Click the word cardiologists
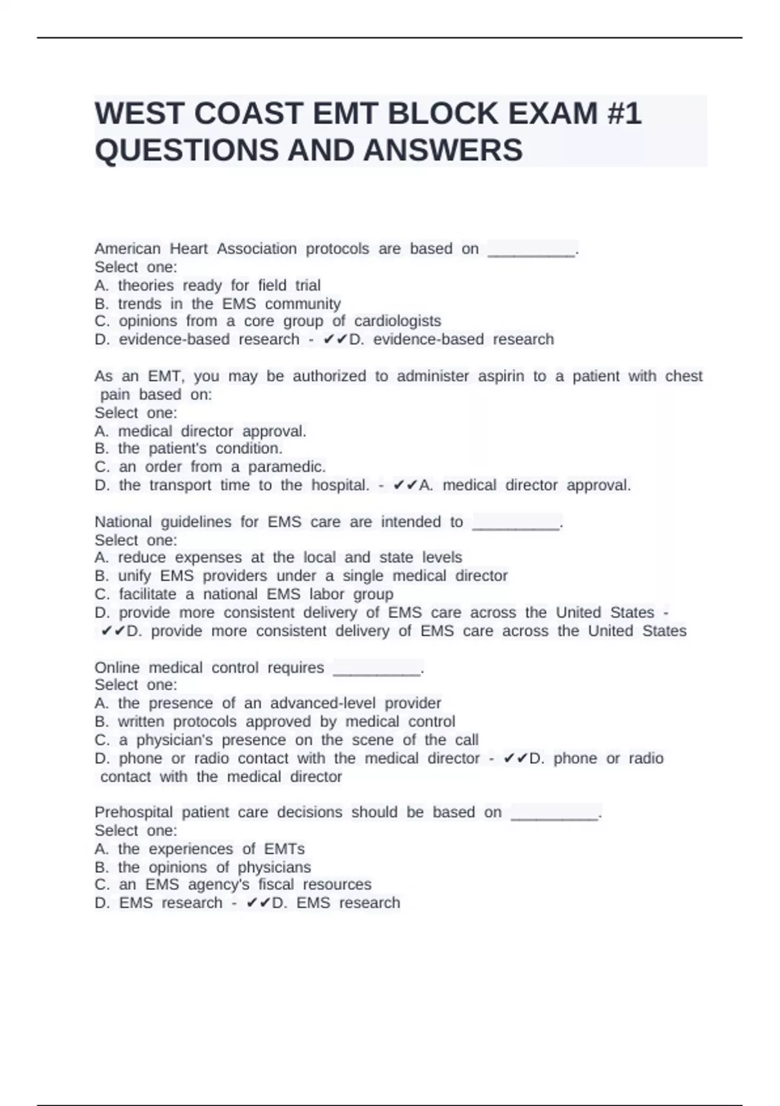(x=397, y=321)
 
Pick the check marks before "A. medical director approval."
(x=405, y=485)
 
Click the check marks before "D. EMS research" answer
(x=258, y=903)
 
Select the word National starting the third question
(x=123, y=522)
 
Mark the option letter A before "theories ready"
(x=101, y=286)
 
